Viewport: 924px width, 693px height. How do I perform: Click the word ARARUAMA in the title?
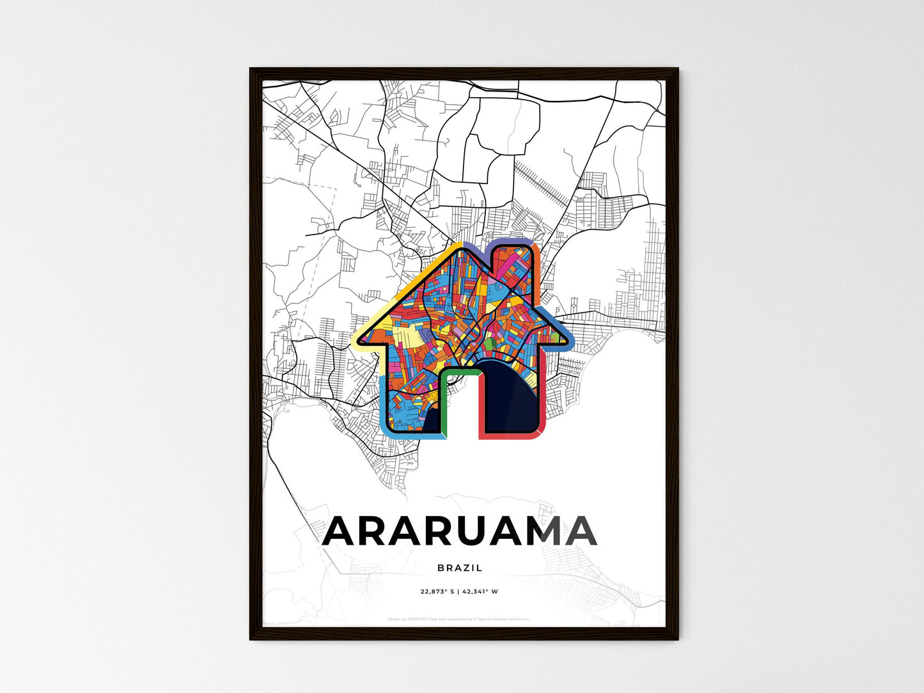pos(460,532)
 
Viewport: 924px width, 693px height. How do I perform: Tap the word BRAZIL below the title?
pos(460,568)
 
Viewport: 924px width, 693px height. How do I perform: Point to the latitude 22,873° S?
pos(437,591)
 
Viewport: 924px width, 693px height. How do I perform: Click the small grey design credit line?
pos(459,619)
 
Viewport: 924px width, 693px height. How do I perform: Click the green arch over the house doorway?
pos(460,371)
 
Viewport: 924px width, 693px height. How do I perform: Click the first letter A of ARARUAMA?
pos(343,532)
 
